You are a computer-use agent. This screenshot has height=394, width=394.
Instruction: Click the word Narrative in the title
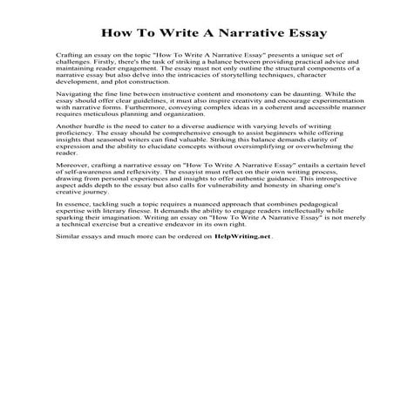pyautogui.click(x=233, y=35)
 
